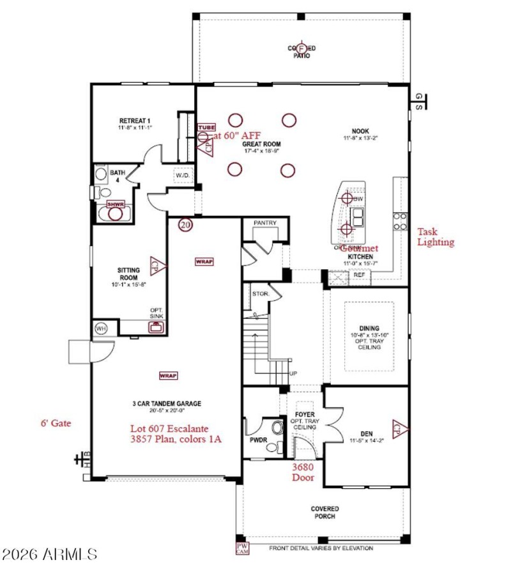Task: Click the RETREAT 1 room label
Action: click(134, 121)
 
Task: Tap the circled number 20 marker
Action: click(185, 225)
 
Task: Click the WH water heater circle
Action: click(101, 329)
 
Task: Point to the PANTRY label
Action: click(264, 223)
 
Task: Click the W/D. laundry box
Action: click(182, 175)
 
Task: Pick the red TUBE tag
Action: click(206, 128)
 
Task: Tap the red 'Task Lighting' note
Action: click(436, 237)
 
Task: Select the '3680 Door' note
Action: click(303, 472)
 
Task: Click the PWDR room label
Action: click(257, 440)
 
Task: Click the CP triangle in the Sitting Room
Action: click(155, 263)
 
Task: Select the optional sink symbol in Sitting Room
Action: click(155, 327)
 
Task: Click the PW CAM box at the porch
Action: click(242, 548)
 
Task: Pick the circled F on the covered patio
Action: click(301, 49)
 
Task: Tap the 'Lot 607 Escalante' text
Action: click(169, 428)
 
